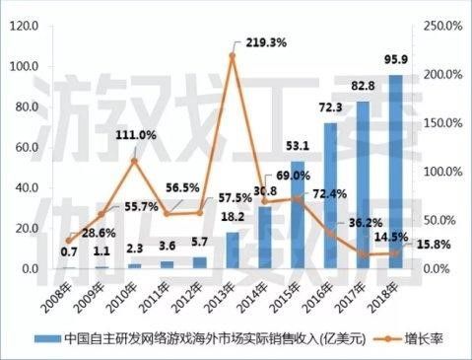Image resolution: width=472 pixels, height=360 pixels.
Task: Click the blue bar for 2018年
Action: click(x=396, y=172)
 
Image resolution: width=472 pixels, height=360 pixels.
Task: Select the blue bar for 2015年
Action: click(x=298, y=215)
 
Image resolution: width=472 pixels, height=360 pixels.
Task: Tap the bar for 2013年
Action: click(x=233, y=251)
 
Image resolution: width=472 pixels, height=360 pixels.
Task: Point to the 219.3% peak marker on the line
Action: click(x=233, y=56)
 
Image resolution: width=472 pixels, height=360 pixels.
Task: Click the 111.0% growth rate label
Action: click(x=136, y=135)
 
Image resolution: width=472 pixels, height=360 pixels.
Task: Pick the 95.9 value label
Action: click(x=396, y=59)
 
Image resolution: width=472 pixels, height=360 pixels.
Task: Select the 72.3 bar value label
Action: click(x=331, y=108)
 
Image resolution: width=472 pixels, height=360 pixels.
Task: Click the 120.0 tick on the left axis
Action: click(x=25, y=26)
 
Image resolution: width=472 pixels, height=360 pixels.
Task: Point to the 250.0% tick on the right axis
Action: click(x=442, y=26)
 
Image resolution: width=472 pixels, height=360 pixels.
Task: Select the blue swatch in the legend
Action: click(x=48, y=339)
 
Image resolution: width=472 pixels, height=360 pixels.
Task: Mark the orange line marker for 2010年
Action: click(x=134, y=161)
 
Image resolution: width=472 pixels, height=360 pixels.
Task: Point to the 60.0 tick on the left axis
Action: click(x=27, y=147)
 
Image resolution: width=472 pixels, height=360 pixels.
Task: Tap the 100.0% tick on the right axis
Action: click(x=442, y=172)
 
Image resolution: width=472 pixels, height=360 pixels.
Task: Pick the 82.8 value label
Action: click(x=363, y=86)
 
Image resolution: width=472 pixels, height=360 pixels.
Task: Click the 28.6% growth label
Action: click(x=99, y=233)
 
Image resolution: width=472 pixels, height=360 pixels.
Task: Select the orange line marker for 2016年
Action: click(x=330, y=233)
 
